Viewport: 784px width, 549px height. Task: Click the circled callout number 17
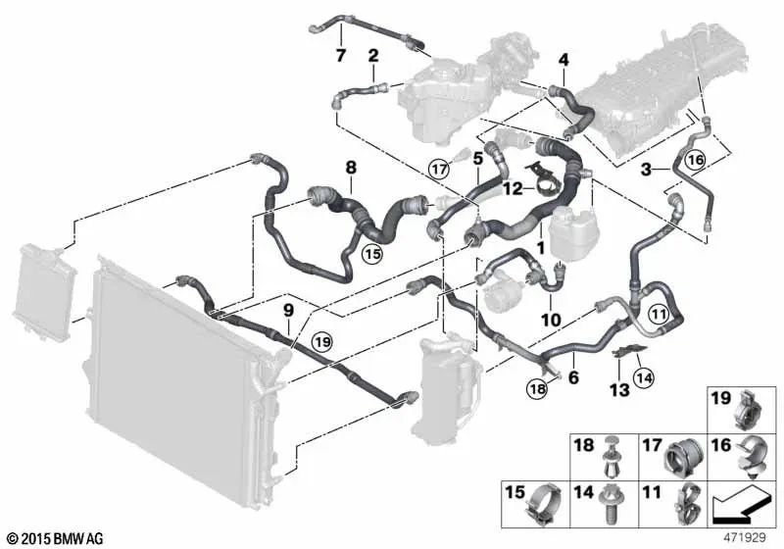(440, 169)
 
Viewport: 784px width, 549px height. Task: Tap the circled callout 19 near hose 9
(322, 342)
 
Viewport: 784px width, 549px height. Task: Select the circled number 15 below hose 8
(372, 254)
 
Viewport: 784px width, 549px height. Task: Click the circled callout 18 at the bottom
(537, 388)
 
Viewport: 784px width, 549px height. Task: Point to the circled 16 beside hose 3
(696, 160)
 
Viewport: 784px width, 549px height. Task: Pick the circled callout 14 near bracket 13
(644, 377)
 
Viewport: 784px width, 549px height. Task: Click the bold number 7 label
(340, 55)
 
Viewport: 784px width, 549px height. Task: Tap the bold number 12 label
(513, 188)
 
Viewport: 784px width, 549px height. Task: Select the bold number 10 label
(551, 319)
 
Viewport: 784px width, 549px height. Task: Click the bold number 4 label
(563, 60)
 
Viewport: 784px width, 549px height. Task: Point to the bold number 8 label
(351, 168)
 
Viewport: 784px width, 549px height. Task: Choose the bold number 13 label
(619, 389)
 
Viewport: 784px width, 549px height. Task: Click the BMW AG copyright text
(55, 538)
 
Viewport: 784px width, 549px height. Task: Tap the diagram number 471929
(745, 538)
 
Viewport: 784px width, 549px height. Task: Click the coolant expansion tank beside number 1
(574, 234)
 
